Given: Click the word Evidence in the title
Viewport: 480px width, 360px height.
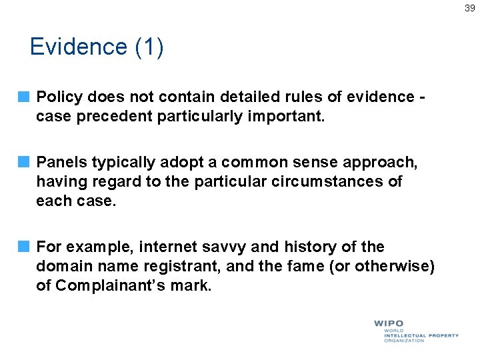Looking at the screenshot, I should pos(78,47).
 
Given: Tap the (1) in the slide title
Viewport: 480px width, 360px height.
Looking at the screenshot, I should pos(149,47).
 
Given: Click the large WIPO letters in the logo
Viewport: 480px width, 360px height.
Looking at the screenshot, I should pos(389,323).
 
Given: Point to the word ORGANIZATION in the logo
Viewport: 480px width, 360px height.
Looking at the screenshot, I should pos(404,341).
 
